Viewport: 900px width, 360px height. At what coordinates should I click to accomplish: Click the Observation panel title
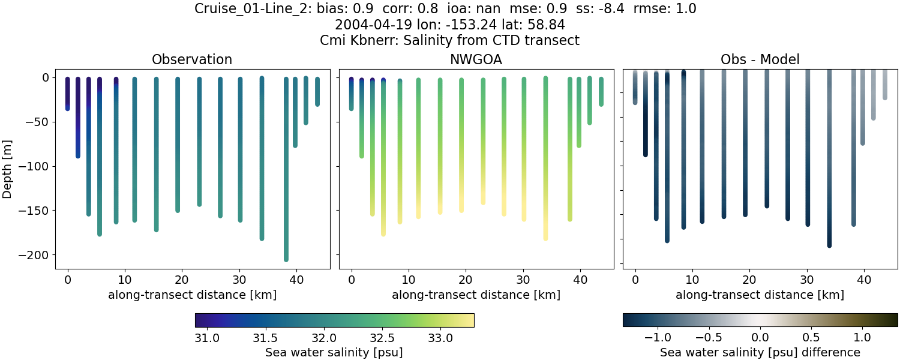(192, 59)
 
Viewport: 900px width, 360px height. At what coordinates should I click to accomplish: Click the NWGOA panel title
(476, 59)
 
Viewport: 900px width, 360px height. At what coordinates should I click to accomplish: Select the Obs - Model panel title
(760, 59)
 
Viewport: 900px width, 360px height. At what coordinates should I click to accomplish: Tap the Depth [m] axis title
(10, 162)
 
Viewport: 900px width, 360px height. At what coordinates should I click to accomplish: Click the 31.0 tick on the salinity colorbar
(207, 338)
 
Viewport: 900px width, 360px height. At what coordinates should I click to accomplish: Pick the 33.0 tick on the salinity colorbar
(440, 338)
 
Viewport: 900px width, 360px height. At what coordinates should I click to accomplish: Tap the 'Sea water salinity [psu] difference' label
(760, 352)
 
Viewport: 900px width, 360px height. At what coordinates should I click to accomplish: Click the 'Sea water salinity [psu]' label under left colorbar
(334, 352)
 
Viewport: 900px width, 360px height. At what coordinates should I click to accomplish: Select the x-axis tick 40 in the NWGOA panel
(580, 279)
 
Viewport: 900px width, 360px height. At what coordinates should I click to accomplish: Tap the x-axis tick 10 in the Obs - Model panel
(692, 279)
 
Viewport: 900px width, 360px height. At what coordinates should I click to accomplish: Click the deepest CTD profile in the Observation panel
(286, 180)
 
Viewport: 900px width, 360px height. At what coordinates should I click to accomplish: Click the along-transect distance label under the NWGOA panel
(476, 295)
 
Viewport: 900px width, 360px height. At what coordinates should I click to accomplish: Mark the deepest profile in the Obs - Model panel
(829, 180)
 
